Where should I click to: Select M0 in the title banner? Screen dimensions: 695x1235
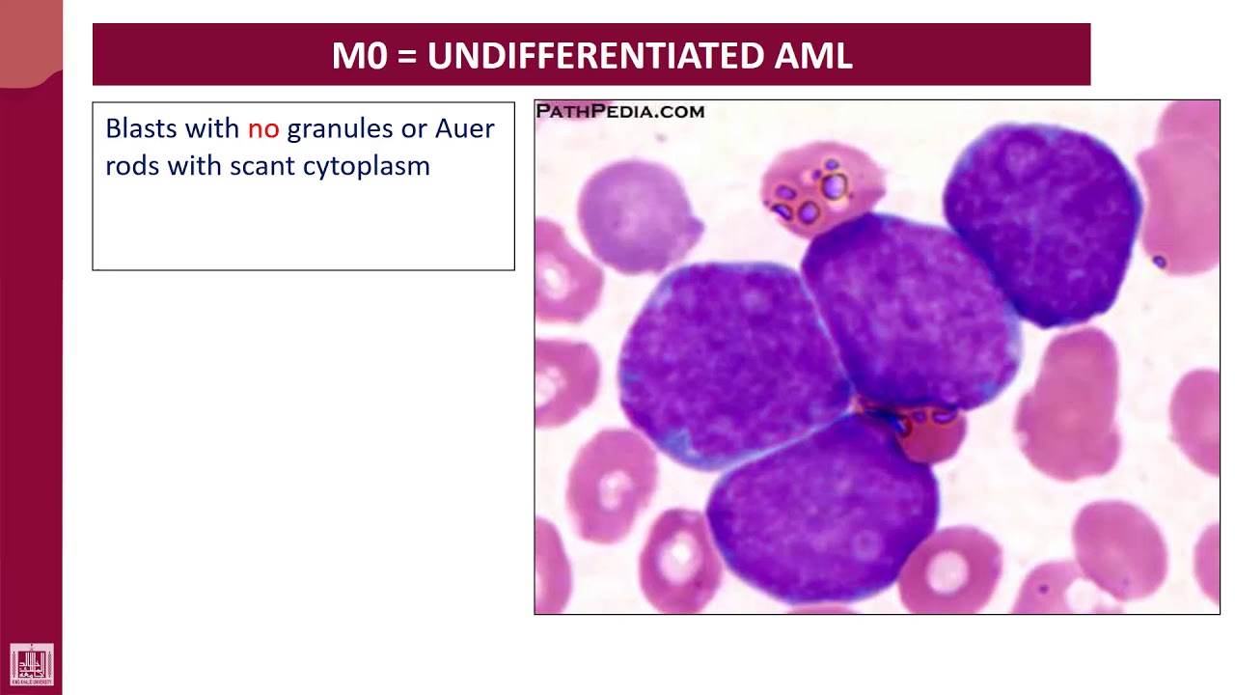359,56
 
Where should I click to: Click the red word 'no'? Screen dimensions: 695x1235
262,129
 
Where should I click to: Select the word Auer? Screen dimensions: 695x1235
464,129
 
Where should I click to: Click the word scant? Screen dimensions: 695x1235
261,166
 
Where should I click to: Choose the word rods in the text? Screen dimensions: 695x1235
132,166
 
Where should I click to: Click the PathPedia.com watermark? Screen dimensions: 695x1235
620,112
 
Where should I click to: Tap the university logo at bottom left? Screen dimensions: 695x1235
32,665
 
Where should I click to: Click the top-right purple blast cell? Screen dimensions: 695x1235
1042,222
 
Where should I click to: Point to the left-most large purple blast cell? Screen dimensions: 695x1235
728,362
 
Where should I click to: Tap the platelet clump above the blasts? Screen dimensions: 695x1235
820,189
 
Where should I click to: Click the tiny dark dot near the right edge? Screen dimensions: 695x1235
1159,262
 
